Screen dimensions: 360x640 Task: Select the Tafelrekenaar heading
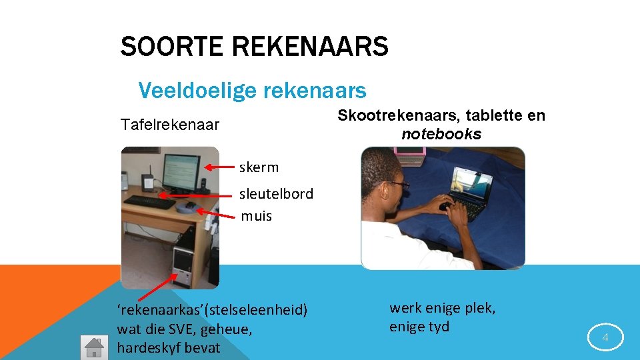click(169, 125)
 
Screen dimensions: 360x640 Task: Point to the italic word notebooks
click(441, 134)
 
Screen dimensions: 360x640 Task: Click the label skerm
click(259, 167)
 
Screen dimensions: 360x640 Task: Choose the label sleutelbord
click(276, 194)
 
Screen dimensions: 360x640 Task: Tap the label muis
click(256, 216)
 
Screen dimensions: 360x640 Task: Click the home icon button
click(93, 347)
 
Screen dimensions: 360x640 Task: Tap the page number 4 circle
click(605, 338)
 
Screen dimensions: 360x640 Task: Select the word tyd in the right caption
click(439, 327)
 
